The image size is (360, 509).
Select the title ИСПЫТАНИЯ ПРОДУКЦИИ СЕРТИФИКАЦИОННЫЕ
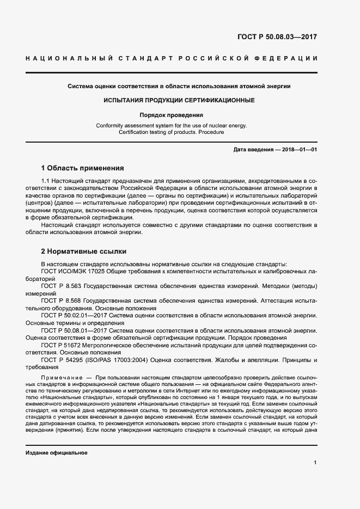tap(179, 101)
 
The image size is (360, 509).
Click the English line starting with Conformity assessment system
tap(171, 125)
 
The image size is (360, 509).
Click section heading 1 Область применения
tap(83, 168)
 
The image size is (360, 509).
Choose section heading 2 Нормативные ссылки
tap(84, 252)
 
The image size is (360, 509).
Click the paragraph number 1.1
tap(46, 181)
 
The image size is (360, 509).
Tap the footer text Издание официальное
tap(56, 453)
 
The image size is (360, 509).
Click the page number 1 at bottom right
tap(315, 463)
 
